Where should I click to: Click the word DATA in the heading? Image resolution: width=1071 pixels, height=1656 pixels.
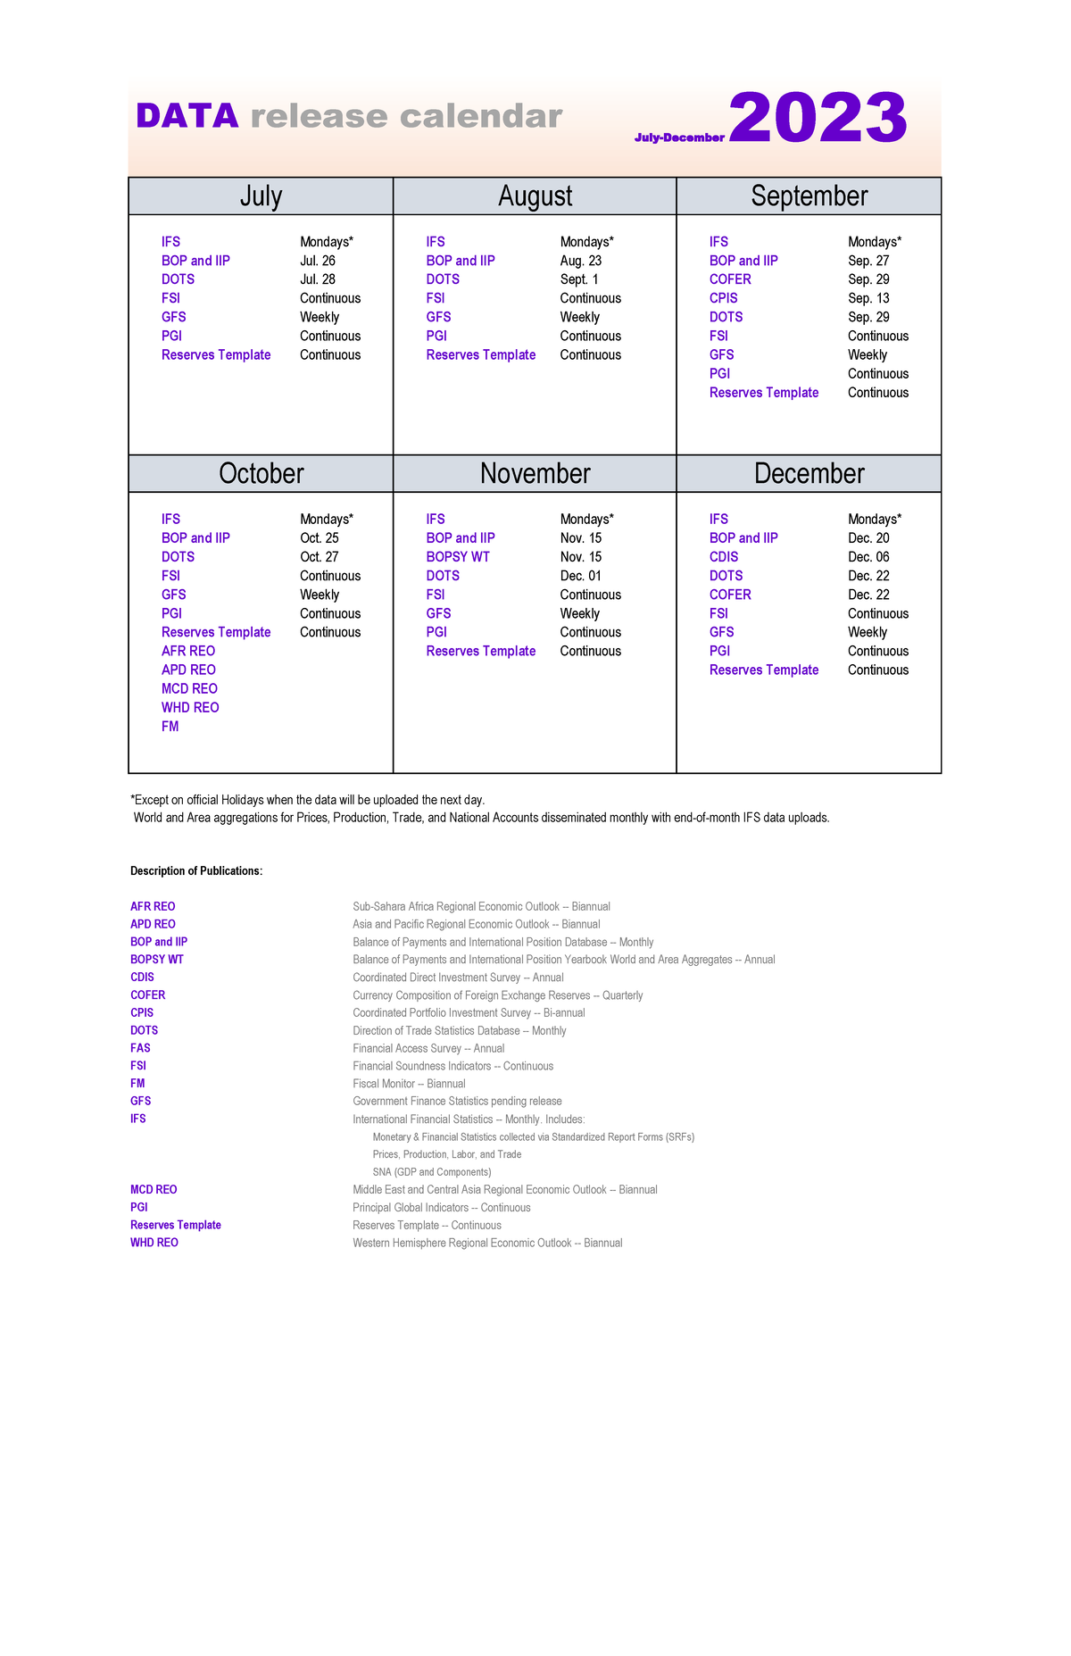[187, 116]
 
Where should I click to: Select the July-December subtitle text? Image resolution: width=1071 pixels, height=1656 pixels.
[678, 137]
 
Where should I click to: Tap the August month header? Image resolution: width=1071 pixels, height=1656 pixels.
[535, 196]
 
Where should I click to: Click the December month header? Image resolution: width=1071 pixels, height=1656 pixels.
[809, 473]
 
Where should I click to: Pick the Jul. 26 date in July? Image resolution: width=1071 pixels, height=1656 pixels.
[317, 261]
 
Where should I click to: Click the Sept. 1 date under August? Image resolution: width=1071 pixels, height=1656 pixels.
[578, 279]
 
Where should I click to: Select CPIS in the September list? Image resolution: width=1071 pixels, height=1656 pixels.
[723, 298]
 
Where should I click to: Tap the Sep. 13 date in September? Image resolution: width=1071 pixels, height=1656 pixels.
[868, 298]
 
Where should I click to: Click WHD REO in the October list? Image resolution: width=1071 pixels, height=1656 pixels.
[190, 707]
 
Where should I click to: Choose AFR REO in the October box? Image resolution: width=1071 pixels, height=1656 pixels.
[188, 651]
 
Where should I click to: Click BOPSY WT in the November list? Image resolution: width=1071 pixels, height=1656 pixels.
[457, 557]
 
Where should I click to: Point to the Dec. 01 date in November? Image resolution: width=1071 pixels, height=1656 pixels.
[580, 576]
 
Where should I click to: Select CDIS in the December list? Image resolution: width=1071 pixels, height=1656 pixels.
[723, 557]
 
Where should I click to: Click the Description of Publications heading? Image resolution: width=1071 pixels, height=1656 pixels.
[196, 870]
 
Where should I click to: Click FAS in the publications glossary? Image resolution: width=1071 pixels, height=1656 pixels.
[140, 1048]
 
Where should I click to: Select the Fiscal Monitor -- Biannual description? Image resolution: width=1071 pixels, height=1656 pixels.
[409, 1084]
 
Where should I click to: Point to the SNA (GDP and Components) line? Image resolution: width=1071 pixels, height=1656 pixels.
[431, 1172]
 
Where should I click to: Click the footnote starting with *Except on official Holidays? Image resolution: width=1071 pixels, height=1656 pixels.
[307, 800]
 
